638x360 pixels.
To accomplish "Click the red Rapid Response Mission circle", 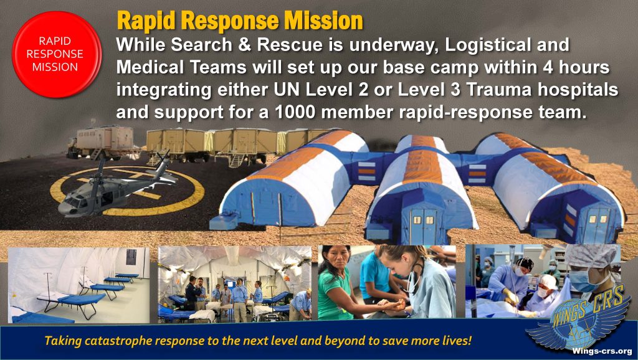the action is point(57,54).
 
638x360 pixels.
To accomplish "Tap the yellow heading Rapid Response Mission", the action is point(240,21).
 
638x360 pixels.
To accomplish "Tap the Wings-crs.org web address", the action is point(602,351).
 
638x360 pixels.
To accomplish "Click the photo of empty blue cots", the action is point(79,285).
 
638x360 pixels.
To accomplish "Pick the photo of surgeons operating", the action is point(543,281).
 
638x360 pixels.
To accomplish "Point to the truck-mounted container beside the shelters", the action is point(102,142).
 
